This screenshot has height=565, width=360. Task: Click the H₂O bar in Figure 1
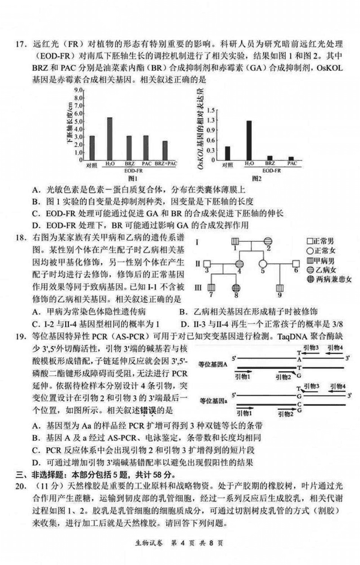click(109, 139)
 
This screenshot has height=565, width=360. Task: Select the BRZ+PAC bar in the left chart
click(165, 151)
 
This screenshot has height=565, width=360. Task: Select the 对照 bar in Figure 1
click(92, 148)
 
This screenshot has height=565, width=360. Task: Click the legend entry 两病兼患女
click(332, 279)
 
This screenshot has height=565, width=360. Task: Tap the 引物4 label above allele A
click(335, 347)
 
